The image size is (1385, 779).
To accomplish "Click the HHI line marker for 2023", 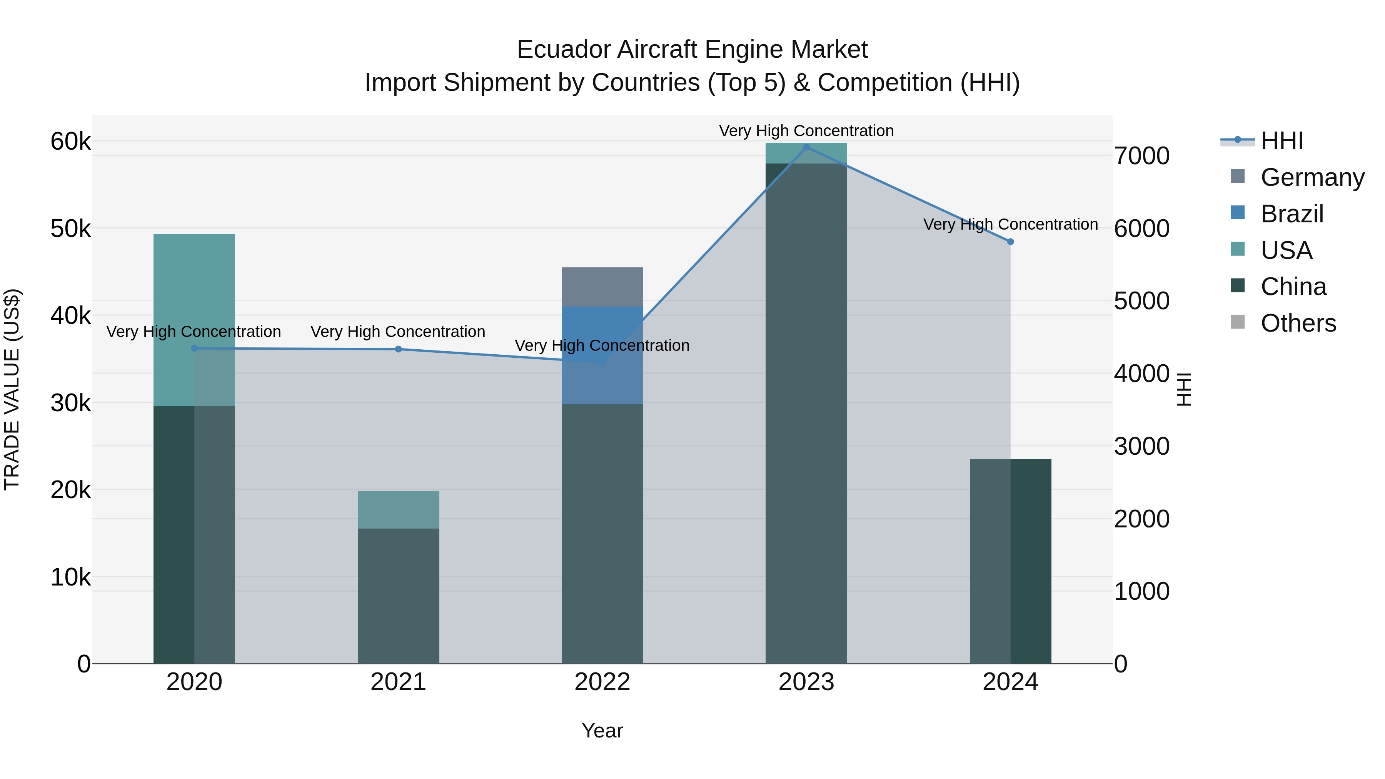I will click(x=806, y=147).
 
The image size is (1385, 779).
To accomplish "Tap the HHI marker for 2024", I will click(x=1010, y=242).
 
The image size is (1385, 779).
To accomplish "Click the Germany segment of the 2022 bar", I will click(x=602, y=287).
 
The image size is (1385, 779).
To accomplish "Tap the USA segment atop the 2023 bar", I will click(x=806, y=153).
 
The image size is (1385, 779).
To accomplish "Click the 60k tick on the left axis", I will click(x=70, y=142).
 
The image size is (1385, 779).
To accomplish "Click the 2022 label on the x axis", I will click(x=602, y=682).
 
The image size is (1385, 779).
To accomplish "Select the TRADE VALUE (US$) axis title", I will click(x=12, y=389).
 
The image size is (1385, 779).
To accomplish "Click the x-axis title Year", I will click(x=602, y=731).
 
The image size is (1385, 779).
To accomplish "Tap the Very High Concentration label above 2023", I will click(x=806, y=131).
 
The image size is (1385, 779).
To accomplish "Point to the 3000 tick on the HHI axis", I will click(x=1141, y=446).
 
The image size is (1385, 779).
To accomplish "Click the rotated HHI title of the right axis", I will click(x=1184, y=389).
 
